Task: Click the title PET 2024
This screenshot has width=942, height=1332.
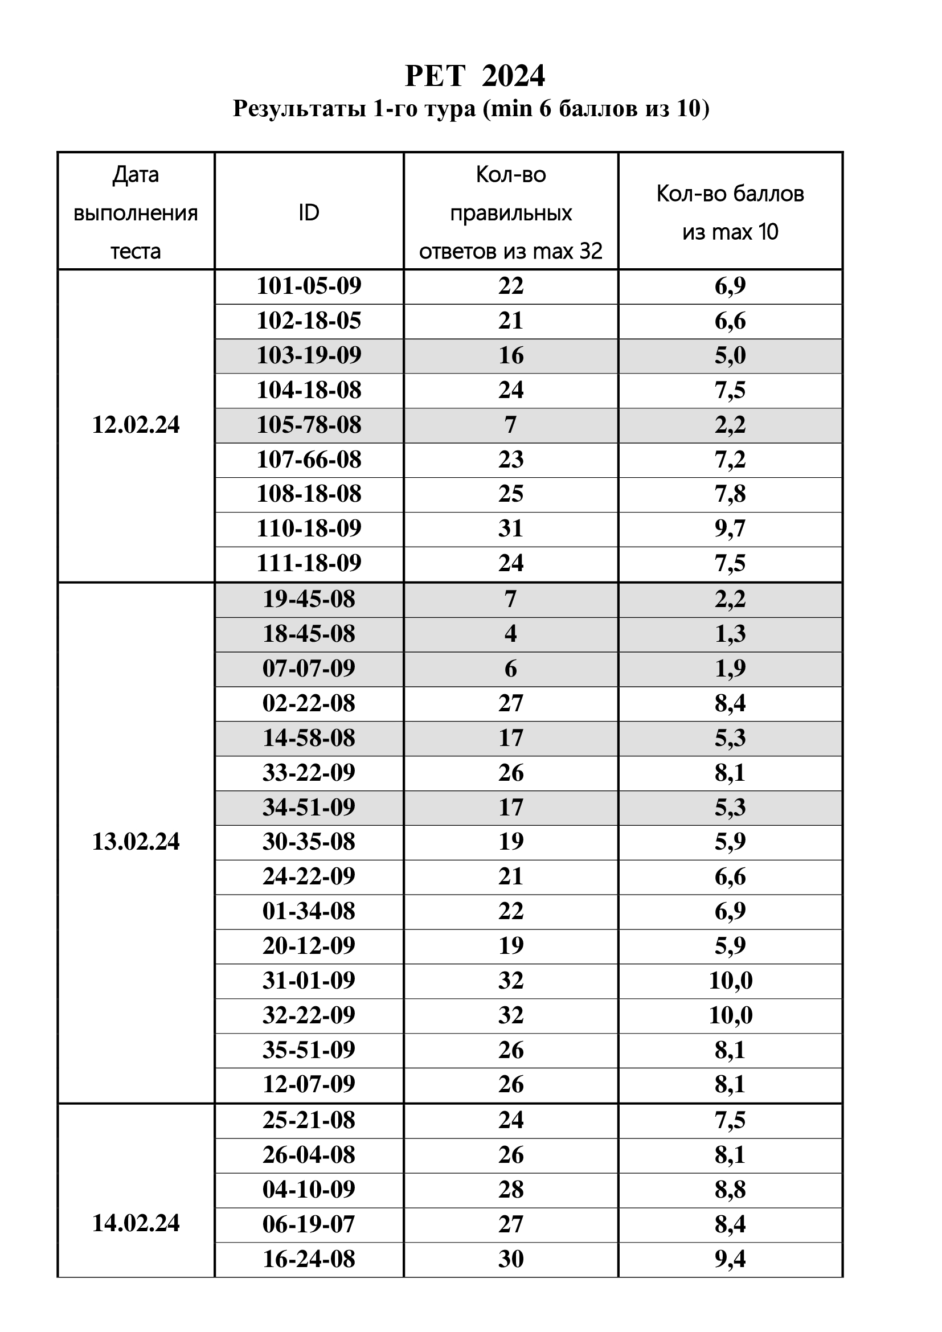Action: point(474,75)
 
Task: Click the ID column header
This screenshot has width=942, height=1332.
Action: point(309,212)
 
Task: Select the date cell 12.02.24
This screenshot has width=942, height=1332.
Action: point(136,425)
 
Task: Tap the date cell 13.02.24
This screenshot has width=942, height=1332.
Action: point(136,841)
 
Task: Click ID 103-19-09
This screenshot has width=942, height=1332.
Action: point(309,355)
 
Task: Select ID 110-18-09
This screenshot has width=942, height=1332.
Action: point(309,528)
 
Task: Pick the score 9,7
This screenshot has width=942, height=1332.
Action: point(730,528)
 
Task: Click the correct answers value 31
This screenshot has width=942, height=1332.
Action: point(510,528)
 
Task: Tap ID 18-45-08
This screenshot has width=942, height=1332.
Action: point(309,633)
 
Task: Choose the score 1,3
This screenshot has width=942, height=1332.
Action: point(730,633)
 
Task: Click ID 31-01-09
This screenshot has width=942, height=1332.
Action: point(309,981)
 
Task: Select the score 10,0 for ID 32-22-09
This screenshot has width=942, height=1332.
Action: point(730,1015)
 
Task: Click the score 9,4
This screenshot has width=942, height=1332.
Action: point(730,1259)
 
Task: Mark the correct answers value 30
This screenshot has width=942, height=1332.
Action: point(510,1259)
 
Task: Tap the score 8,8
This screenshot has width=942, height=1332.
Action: point(730,1188)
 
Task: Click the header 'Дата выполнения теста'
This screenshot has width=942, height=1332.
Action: point(136,212)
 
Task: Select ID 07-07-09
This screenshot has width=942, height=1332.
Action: point(309,669)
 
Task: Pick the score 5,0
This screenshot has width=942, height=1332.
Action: point(730,355)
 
